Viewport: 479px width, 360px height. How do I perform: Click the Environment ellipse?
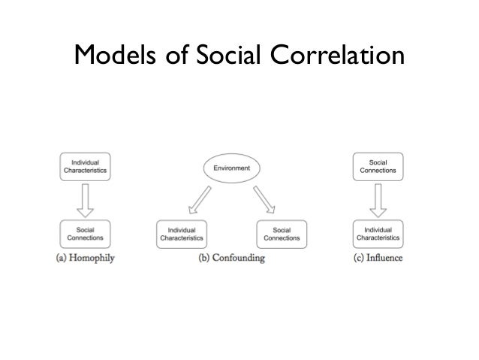pos(232,168)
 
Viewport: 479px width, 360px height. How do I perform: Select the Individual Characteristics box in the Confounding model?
pos(182,234)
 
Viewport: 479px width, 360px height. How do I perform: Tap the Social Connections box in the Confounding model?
pos(282,234)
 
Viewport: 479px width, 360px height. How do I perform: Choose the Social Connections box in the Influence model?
pos(378,167)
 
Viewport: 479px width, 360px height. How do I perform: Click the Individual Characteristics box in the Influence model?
pos(378,234)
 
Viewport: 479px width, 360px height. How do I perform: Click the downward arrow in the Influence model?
pos(378,200)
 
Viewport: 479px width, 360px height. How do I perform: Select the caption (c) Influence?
pos(378,259)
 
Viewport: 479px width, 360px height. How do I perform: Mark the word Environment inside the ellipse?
pos(232,168)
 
